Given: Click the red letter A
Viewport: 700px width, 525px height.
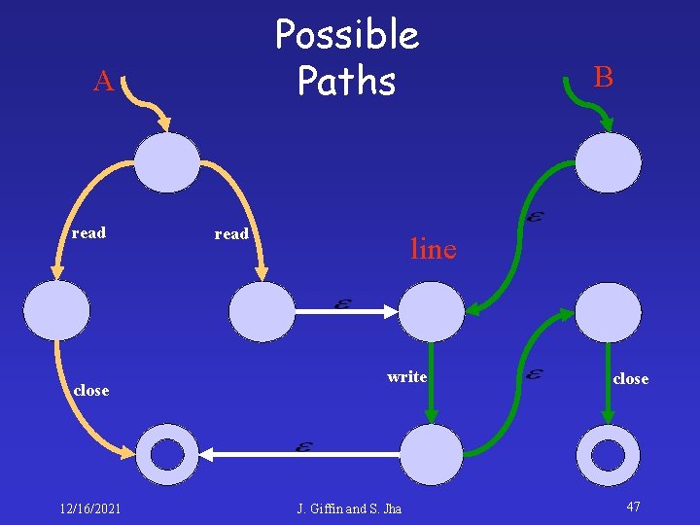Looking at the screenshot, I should [104, 83].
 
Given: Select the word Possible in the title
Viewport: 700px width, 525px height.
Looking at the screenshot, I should [347, 35].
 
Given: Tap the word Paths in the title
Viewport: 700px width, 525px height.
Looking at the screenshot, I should [347, 81].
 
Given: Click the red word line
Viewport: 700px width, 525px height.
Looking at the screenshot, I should [433, 250].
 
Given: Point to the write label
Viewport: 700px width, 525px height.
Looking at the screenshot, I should [406, 376].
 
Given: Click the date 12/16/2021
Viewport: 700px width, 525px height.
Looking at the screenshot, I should [90, 507].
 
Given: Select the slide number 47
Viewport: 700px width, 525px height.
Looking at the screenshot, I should [633, 507].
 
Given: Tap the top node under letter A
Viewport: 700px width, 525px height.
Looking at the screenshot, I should [166, 162].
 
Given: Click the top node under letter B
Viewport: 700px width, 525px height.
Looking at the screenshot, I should [609, 162].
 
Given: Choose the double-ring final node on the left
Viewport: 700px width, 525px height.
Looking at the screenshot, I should [167, 454].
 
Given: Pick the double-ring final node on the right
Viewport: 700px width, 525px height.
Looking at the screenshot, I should [609, 454].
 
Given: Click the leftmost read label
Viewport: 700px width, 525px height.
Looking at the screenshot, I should [88, 233].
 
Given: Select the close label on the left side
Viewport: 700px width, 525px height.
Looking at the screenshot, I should [90, 390].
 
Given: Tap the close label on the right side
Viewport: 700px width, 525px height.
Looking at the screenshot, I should [630, 379].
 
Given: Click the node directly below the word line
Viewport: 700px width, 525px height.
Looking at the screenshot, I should [433, 311].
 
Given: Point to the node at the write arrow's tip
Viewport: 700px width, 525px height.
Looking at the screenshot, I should [433, 454].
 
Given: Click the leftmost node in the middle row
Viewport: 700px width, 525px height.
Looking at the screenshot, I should [56, 311].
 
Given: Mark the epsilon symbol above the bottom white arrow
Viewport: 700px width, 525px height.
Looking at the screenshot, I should [303, 446].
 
